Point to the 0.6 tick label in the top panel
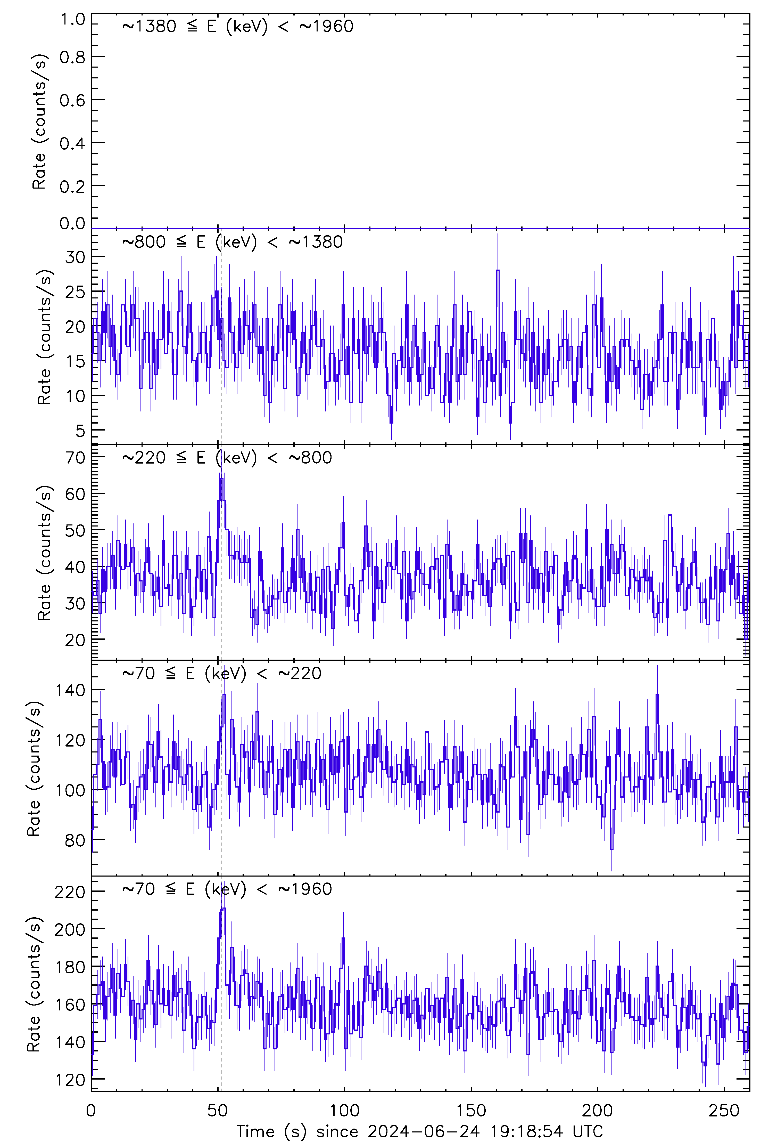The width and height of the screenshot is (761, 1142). click(72, 100)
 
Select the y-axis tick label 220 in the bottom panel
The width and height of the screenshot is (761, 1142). click(70, 892)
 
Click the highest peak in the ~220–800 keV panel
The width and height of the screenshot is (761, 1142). click(221, 479)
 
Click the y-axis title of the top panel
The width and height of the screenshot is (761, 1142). click(39, 122)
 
